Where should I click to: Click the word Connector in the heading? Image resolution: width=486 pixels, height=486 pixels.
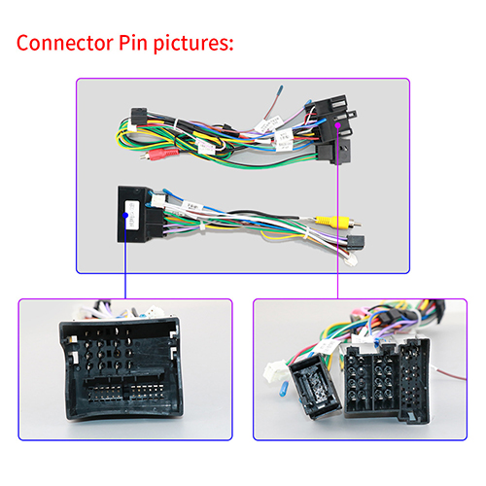pyautogui.click(x=65, y=43)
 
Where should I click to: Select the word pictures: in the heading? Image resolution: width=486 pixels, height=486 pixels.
pyautogui.click(x=193, y=44)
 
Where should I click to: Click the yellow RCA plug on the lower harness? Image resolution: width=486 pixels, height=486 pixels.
pyautogui.click(x=338, y=222)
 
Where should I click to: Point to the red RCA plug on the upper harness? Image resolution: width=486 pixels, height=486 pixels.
pyautogui.click(x=159, y=154)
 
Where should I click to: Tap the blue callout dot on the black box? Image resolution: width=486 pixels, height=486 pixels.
pyautogui.click(x=125, y=215)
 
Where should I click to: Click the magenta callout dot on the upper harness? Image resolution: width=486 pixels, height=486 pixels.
pyautogui.click(x=337, y=125)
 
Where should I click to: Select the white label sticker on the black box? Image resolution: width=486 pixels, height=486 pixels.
pyautogui.click(x=132, y=215)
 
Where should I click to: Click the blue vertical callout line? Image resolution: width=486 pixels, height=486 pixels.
pyautogui.click(x=125, y=257)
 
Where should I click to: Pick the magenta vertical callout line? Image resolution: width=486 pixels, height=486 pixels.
pyautogui.click(x=337, y=212)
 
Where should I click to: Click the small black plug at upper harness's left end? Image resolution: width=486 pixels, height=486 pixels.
pyautogui.click(x=139, y=116)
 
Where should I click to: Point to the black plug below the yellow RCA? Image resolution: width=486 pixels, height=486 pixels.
pyautogui.click(x=356, y=241)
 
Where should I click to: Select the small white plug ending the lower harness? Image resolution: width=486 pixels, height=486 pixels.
pyautogui.click(x=351, y=260)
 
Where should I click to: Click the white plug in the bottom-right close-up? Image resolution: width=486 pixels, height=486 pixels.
pyautogui.click(x=275, y=372)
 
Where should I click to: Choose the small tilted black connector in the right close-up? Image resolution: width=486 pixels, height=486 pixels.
pyautogui.click(x=316, y=386)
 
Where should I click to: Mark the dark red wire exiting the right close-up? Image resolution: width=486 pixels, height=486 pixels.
pyautogui.click(x=449, y=373)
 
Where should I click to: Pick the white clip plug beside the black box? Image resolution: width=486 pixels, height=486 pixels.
pyautogui.click(x=157, y=200)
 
